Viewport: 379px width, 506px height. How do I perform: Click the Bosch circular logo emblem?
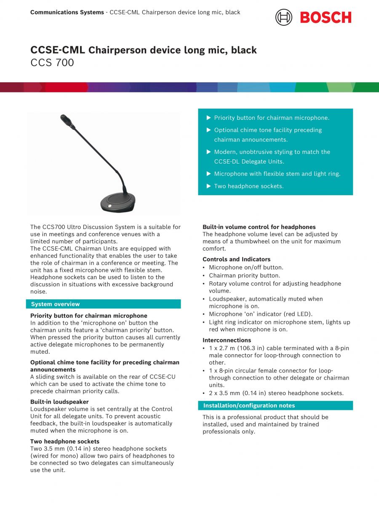click(284, 17)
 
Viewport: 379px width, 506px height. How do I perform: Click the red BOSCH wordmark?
click(326, 18)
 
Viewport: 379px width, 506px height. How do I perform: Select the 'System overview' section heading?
click(55, 304)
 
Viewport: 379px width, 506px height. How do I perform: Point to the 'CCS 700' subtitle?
click(52, 63)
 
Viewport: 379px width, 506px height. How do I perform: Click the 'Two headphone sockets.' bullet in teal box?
click(248, 186)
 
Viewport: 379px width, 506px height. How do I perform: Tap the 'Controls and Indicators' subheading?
click(236, 259)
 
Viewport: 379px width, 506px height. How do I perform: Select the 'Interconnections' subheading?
click(227, 340)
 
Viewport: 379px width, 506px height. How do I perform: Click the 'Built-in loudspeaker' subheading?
click(59, 402)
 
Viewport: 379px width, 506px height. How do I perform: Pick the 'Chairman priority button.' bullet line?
click(244, 275)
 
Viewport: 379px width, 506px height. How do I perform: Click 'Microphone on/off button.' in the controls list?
click(246, 267)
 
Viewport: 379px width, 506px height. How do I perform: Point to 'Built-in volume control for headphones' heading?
click(259, 227)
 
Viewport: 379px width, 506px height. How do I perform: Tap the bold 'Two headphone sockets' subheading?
click(65, 441)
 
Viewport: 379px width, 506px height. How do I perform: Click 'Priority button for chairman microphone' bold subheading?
click(89, 315)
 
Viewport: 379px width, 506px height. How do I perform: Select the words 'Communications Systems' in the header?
click(67, 12)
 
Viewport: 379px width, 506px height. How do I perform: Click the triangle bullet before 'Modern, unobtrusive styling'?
click(208, 152)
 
